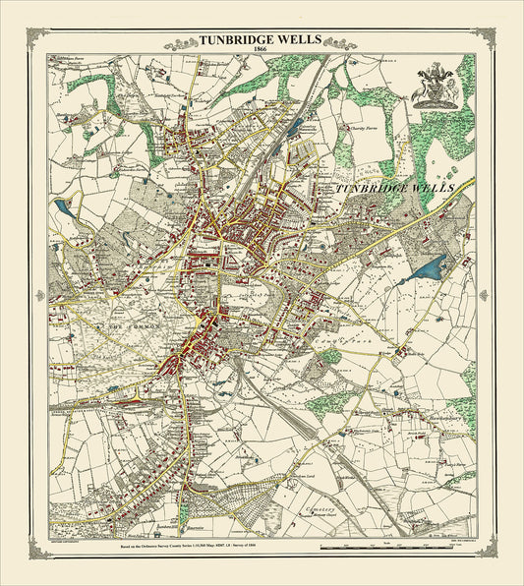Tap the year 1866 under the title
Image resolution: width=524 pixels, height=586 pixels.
coord(261,52)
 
